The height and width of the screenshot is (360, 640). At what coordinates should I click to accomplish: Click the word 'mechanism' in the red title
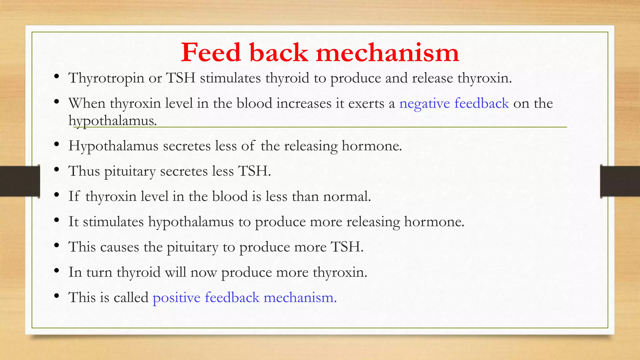pyautogui.click(x=387, y=52)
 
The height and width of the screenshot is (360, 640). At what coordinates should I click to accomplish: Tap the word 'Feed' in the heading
pyautogui.click(x=211, y=52)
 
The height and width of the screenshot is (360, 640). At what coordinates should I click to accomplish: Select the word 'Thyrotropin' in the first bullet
pyautogui.click(x=106, y=78)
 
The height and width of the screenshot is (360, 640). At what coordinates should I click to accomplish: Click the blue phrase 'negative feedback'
pyautogui.click(x=454, y=103)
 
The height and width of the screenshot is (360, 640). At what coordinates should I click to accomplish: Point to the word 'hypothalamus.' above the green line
pyautogui.click(x=112, y=121)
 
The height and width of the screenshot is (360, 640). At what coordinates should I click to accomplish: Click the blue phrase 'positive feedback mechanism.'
pyautogui.click(x=244, y=297)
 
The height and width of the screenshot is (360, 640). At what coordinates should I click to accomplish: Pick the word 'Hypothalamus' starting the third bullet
pyautogui.click(x=113, y=146)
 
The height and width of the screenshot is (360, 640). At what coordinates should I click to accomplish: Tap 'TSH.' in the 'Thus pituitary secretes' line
pyautogui.click(x=254, y=171)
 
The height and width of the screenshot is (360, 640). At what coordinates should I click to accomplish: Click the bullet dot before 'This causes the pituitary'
pyautogui.click(x=57, y=246)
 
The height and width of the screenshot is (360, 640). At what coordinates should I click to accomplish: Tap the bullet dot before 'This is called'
pyautogui.click(x=57, y=296)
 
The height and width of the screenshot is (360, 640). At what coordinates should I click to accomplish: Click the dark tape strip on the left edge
pyautogui.click(x=19, y=181)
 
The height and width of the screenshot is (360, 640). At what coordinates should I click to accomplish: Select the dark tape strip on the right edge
pyautogui.click(x=620, y=181)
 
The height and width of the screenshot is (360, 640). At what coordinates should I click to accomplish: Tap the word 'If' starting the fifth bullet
pyautogui.click(x=74, y=196)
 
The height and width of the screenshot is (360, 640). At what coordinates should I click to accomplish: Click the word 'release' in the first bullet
pyautogui.click(x=432, y=78)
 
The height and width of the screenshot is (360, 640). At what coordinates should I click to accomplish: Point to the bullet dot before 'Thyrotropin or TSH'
pyautogui.click(x=57, y=77)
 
